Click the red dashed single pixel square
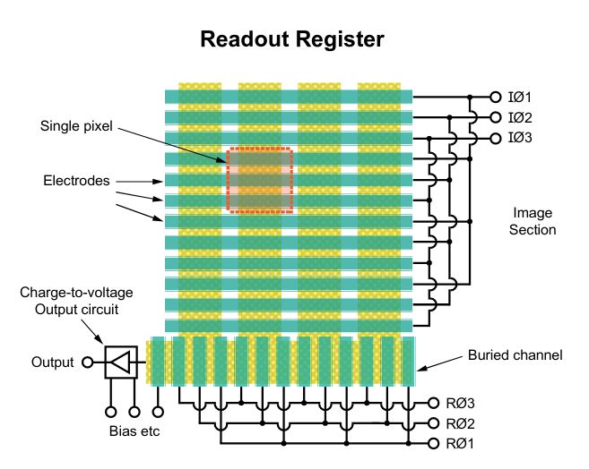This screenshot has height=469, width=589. click(259, 180)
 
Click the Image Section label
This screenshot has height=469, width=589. click(534, 222)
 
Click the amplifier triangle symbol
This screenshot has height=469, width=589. click(120, 362)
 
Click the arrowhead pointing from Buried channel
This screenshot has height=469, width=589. click(419, 368)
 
